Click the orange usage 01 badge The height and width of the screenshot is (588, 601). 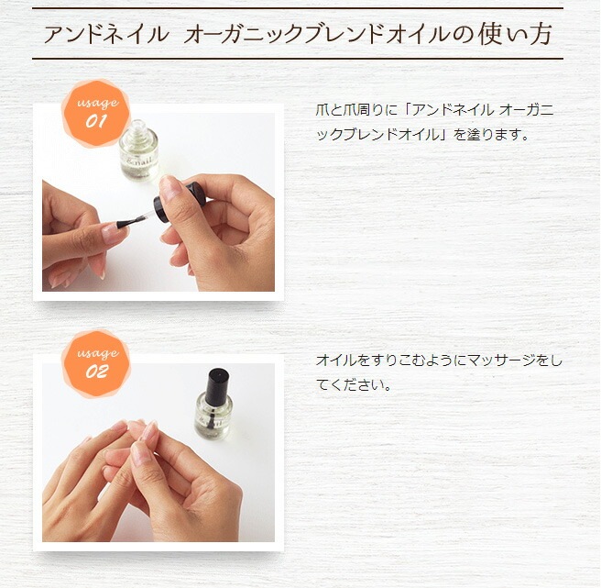click(x=95, y=112)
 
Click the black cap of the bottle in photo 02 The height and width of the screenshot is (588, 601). click(x=216, y=383)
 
